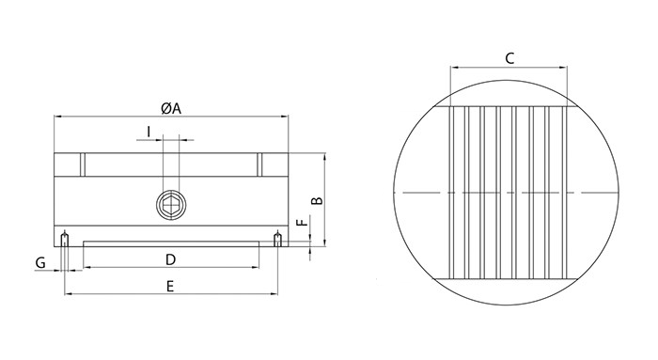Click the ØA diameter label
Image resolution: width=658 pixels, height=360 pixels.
(170, 107)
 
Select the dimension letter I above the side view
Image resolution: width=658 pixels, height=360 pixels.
(149, 130)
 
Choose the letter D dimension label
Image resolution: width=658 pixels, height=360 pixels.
(170, 258)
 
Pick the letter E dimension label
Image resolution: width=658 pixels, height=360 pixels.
(170, 286)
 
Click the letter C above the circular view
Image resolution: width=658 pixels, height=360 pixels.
(509, 58)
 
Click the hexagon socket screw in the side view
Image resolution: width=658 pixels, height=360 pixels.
(170, 201)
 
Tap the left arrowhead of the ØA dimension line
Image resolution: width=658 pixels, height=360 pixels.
(56, 117)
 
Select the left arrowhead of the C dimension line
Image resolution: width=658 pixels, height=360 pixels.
(454, 68)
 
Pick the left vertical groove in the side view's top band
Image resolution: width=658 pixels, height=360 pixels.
(82, 164)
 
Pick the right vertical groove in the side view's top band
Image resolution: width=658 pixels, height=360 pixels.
(258, 164)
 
